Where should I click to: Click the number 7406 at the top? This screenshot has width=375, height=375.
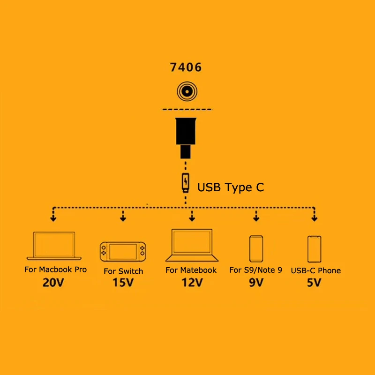click(186, 67)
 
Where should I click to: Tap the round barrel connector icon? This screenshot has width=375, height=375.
click(186, 91)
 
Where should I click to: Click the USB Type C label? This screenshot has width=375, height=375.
click(231, 187)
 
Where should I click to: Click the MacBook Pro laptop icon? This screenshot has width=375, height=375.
click(54, 246)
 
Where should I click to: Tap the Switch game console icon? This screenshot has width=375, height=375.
click(123, 252)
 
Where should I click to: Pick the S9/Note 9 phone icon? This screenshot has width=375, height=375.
click(256, 249)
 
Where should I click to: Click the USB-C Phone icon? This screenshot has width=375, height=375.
click(315, 249)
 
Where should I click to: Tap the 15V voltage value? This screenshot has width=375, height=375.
click(123, 283)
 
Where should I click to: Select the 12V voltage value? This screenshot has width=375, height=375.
click(192, 283)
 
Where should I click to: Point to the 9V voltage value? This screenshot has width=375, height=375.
click(256, 283)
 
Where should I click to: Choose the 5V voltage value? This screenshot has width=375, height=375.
click(315, 283)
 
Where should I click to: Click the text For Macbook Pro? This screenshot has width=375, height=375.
click(55, 270)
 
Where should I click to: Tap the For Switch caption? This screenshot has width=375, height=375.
click(123, 271)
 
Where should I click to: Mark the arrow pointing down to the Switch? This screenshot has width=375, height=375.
click(123, 216)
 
